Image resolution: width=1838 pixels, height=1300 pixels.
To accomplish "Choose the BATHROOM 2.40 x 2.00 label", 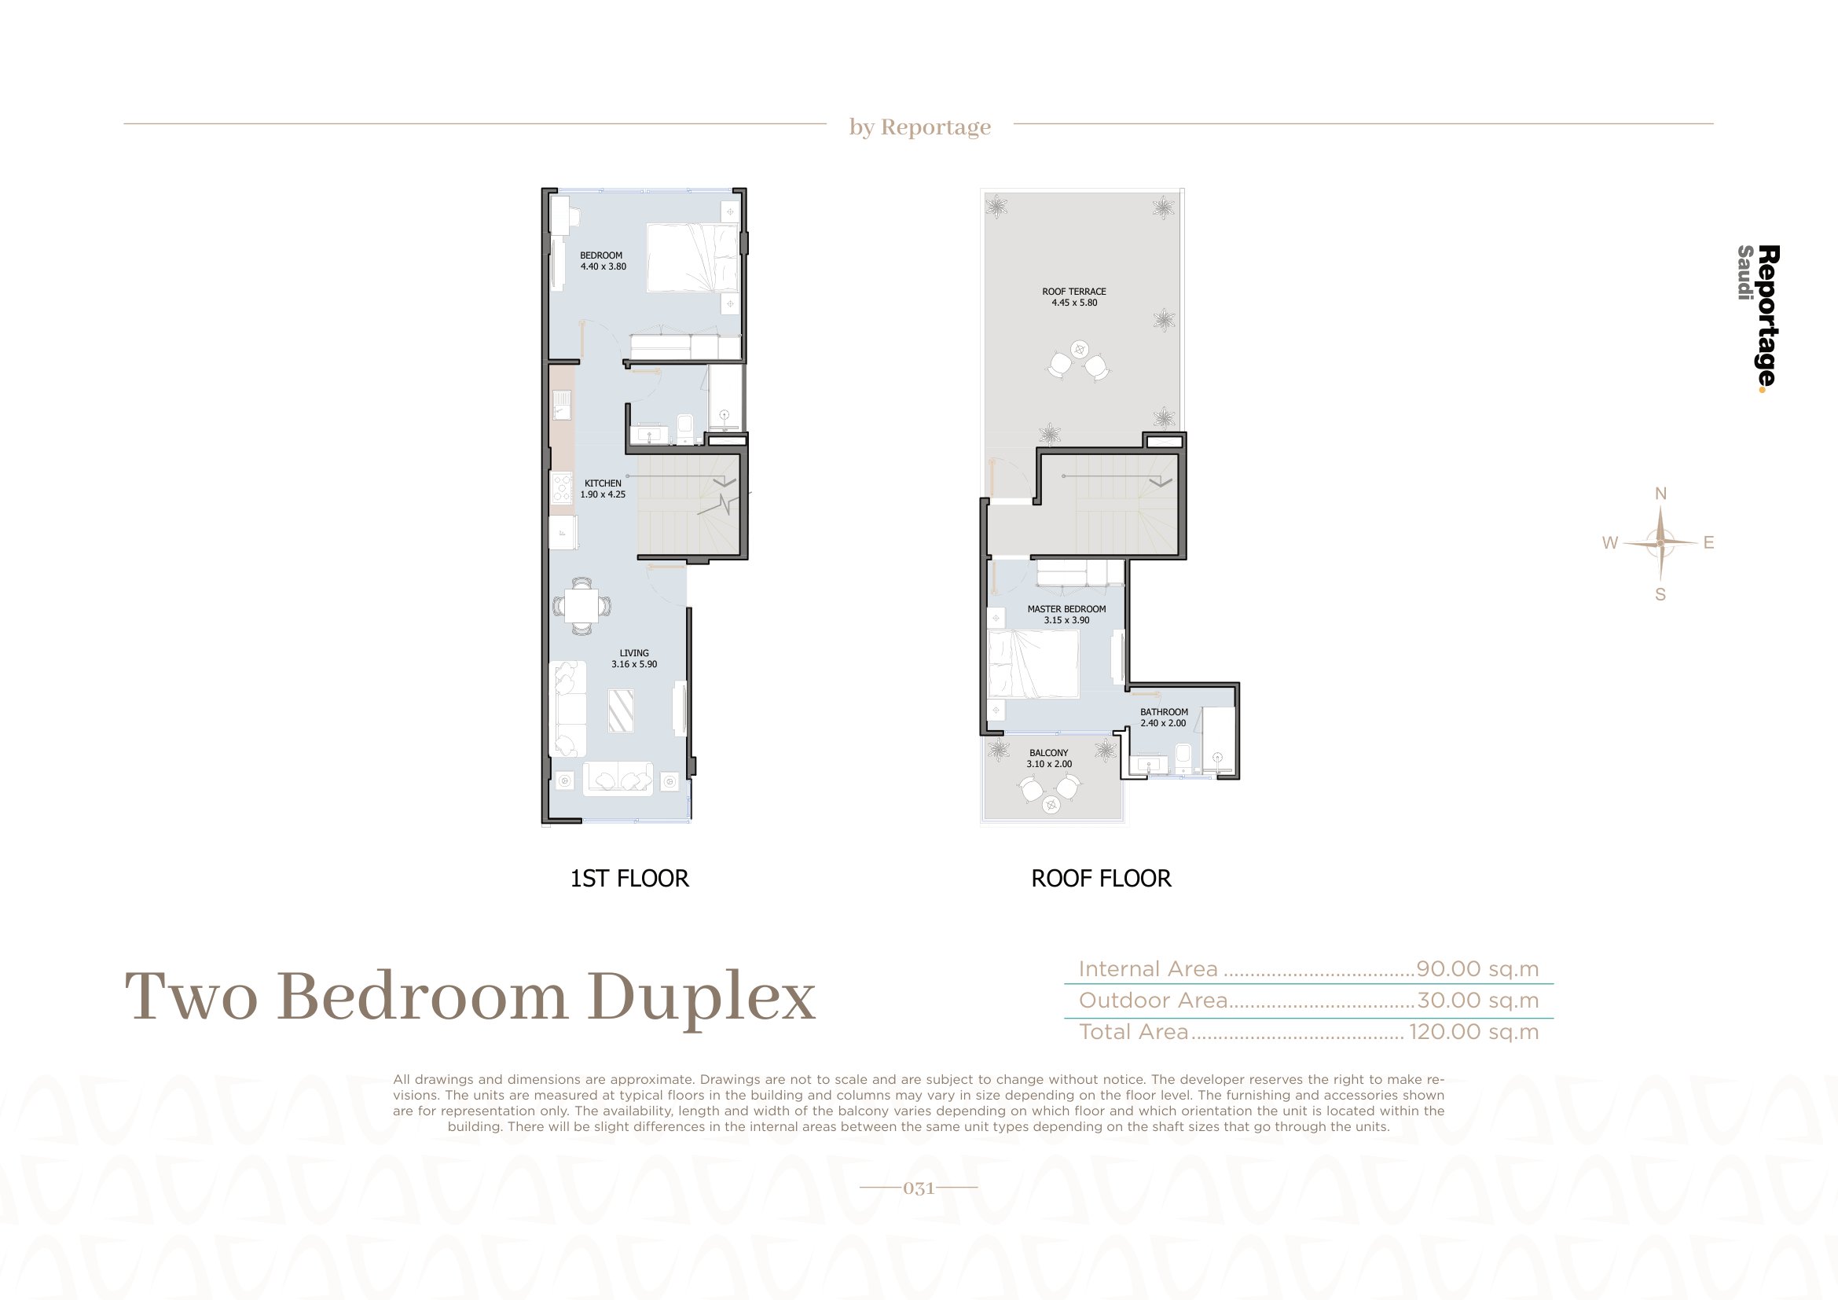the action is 1164,718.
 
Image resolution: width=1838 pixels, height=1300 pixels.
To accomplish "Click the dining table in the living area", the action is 582,606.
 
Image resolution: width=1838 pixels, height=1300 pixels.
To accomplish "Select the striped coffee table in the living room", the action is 622,710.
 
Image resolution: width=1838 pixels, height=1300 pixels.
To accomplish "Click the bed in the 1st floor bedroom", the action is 692,258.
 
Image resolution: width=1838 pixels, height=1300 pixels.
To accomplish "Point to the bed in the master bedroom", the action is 1033,663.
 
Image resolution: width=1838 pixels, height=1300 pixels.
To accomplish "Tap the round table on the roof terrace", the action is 1079,350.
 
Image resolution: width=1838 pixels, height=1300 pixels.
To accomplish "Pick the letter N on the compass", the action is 1660,494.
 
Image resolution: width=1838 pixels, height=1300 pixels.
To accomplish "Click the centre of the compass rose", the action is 1660,543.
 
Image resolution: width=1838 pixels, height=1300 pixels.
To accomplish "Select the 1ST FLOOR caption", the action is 629,879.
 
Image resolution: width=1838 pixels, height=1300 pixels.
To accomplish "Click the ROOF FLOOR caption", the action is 1101,879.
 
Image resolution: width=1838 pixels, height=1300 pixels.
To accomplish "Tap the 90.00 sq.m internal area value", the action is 1478,969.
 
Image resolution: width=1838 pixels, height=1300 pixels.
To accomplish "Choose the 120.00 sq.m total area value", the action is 1473,1032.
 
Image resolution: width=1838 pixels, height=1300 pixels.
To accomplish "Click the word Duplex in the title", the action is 701,1000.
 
